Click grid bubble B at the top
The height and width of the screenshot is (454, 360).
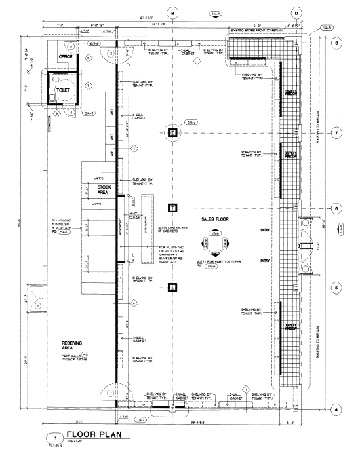click(172, 13)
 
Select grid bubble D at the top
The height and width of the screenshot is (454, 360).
click(296, 13)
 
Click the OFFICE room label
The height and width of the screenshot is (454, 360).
click(66, 57)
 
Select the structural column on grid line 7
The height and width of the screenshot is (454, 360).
click(173, 132)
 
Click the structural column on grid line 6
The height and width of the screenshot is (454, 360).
click(173, 208)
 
